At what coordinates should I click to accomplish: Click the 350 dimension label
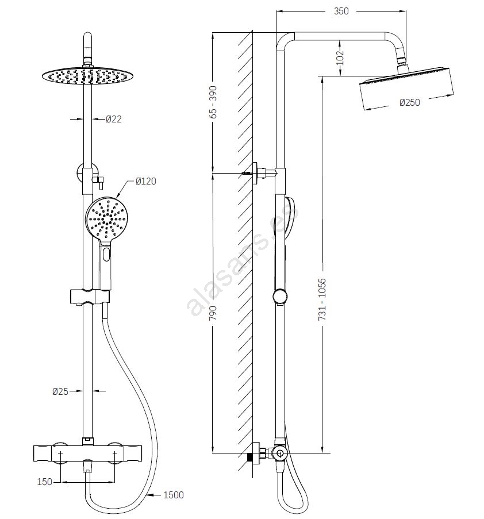341,11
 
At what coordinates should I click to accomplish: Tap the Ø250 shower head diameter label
409,103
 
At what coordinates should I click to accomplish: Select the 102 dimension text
340,57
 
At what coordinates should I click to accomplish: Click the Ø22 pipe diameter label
114,119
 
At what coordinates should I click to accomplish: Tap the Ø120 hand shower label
145,181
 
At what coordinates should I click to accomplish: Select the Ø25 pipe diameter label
60,391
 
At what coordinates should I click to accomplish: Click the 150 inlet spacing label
45,482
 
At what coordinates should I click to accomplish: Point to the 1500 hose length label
174,495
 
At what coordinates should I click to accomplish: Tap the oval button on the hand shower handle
106,255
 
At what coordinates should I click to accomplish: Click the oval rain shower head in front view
87,76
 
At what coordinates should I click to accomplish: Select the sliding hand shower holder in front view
89,297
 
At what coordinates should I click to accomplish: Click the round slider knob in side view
281,296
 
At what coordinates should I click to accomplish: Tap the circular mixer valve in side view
280,453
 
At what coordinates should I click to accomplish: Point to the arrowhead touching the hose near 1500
149,495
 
